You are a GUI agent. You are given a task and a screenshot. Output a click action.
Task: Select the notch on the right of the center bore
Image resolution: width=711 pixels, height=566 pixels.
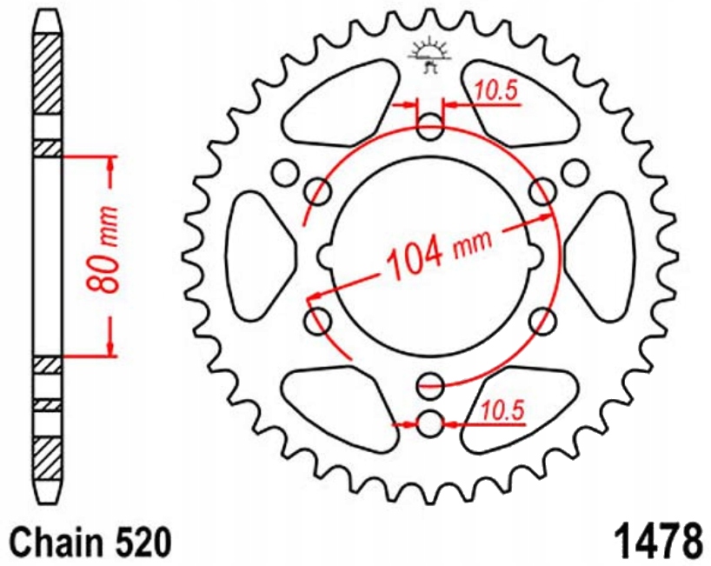pyautogui.click(x=535, y=256)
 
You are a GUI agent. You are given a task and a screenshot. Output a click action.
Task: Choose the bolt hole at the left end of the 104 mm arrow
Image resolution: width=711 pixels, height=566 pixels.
pyautogui.click(x=316, y=318)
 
